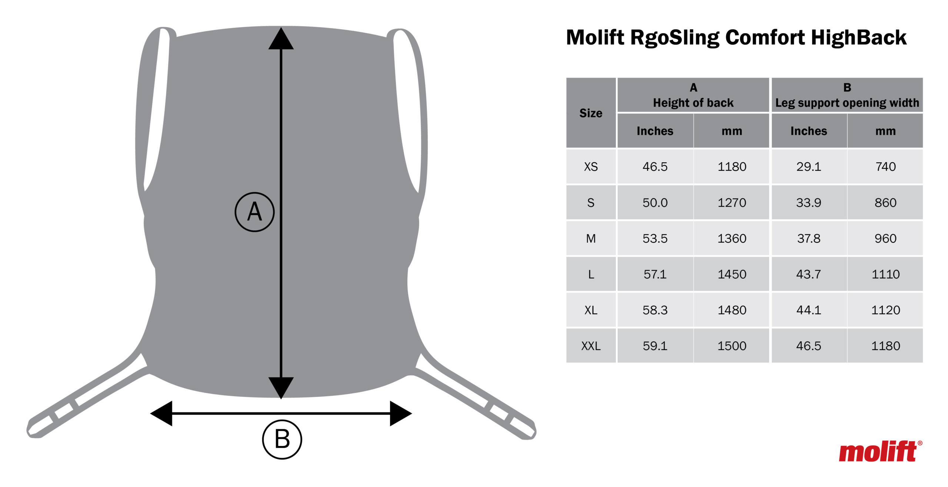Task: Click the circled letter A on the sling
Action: click(x=255, y=212)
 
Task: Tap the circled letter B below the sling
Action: click(x=282, y=440)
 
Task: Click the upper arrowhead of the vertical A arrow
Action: click(x=281, y=39)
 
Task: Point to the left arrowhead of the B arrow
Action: click(x=161, y=413)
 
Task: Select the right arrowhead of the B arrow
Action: click(x=401, y=413)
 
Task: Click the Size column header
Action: click(x=591, y=113)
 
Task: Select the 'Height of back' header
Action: click(x=693, y=103)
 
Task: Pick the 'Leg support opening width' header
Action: click(x=847, y=103)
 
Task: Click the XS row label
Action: click(x=591, y=167)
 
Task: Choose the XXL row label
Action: click(x=591, y=346)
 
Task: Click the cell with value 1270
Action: click(x=732, y=203)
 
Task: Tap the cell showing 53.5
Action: click(x=655, y=239)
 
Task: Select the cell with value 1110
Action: click(x=885, y=274)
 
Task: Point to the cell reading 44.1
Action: click(x=809, y=310)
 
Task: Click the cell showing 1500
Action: click(x=732, y=346)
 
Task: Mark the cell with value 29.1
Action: click(x=809, y=167)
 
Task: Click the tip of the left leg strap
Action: click(x=29, y=431)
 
